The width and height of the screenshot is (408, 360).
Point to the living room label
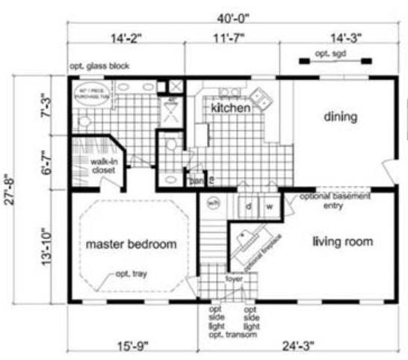click(342, 241)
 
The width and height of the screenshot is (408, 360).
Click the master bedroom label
click(131, 243)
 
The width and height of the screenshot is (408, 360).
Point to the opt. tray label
click(131, 274)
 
